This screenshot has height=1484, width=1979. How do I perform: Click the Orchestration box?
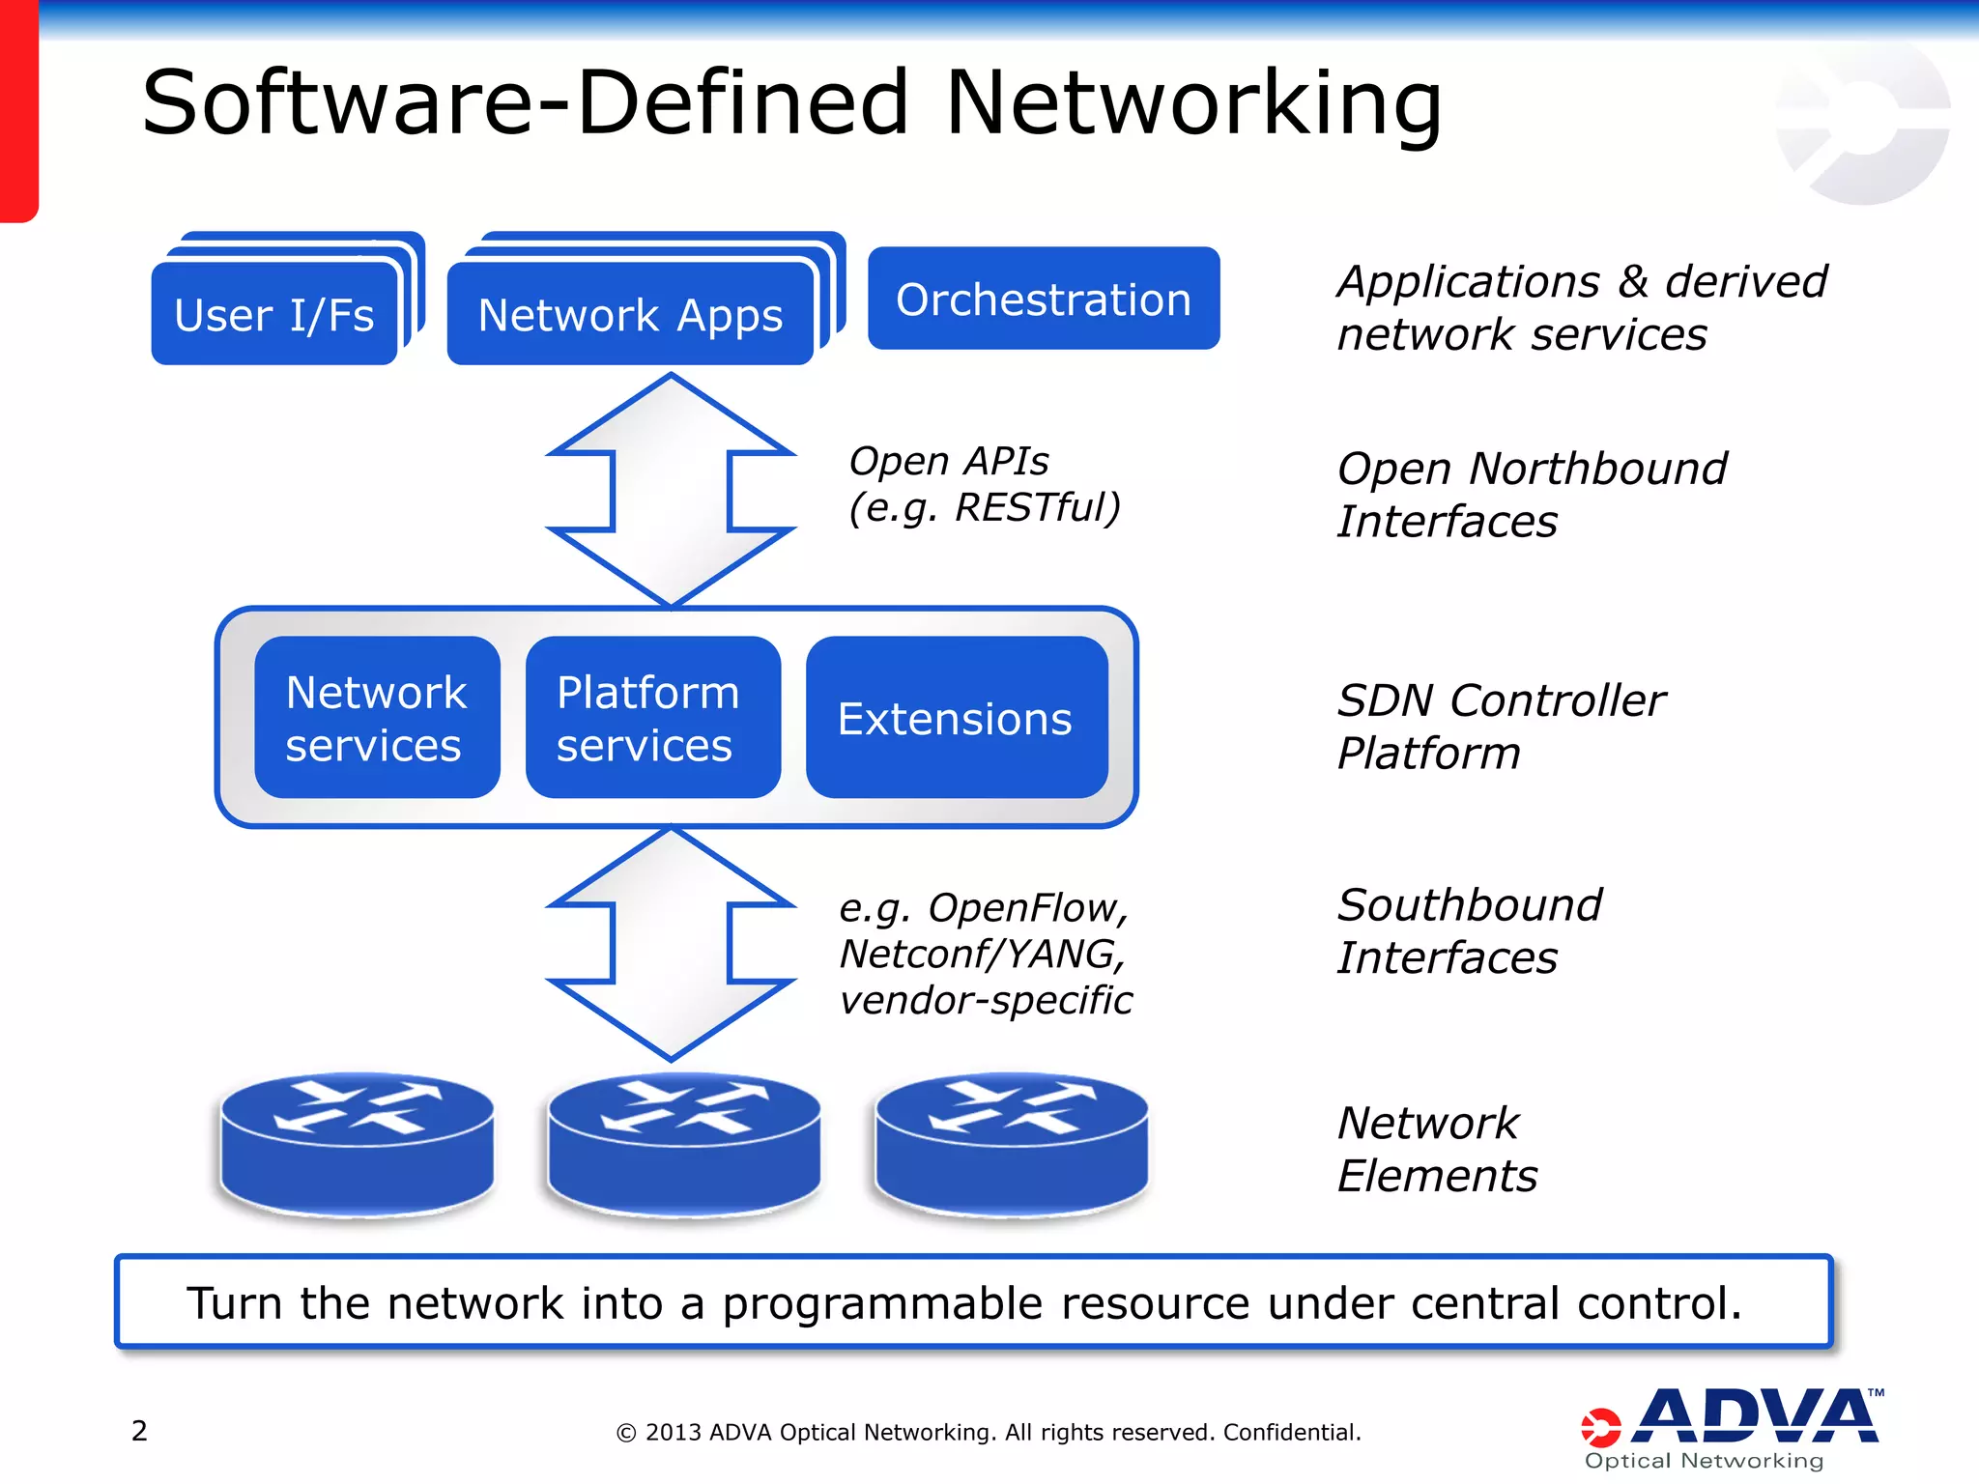(1044, 299)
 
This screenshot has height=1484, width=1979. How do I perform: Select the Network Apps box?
(630, 314)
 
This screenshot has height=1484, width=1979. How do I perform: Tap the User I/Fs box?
(274, 314)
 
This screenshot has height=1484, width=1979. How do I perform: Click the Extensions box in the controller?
(956, 718)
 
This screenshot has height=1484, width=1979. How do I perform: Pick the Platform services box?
(652, 718)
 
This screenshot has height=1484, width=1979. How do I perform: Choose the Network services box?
(377, 718)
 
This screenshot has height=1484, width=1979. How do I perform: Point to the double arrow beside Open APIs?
(671, 490)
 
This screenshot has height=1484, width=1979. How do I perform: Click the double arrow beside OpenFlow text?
(671, 944)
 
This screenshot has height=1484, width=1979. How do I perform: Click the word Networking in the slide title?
(1193, 102)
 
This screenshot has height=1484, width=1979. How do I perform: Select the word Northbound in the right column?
(1597, 469)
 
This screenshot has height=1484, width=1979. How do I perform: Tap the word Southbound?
(1469, 905)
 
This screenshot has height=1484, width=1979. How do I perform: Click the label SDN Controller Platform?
(1501, 726)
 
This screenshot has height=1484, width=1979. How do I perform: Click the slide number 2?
(139, 1430)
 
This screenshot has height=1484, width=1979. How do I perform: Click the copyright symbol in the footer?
(626, 1433)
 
